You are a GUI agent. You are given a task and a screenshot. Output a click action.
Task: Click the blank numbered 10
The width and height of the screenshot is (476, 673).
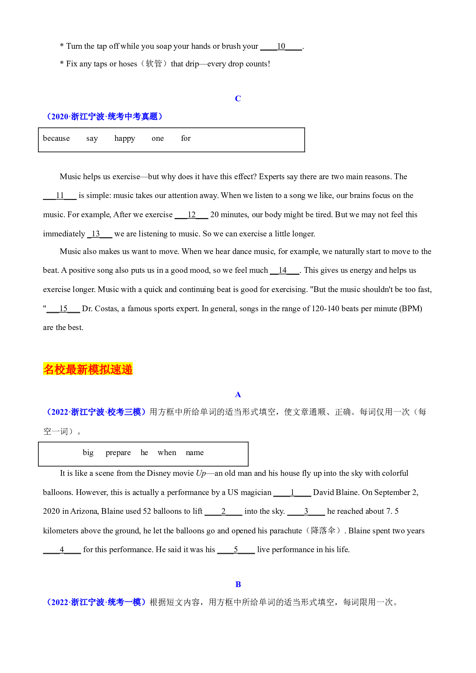(x=281, y=46)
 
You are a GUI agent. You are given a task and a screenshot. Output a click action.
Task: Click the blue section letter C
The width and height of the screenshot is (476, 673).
(x=238, y=99)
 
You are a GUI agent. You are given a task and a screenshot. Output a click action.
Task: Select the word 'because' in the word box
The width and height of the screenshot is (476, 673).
(x=56, y=138)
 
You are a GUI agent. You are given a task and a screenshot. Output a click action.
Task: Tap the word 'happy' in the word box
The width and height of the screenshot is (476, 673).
(x=125, y=139)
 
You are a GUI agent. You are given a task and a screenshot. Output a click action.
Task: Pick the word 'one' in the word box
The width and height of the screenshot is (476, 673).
(x=158, y=139)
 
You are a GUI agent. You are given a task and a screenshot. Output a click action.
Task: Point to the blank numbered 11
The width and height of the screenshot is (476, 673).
(x=60, y=196)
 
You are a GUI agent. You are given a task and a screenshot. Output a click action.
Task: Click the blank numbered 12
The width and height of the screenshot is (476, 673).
(x=192, y=215)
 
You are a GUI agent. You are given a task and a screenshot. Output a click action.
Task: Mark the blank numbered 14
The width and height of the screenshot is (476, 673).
(x=284, y=271)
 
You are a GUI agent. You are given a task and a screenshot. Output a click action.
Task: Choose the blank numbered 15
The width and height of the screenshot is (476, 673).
(x=63, y=309)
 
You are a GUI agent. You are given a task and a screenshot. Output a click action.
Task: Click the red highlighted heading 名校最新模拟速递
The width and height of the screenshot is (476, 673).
(x=88, y=369)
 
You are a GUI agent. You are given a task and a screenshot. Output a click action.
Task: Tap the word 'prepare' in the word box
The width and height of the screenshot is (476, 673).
(x=118, y=453)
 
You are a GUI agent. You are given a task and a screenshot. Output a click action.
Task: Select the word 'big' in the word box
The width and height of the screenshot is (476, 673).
(x=88, y=453)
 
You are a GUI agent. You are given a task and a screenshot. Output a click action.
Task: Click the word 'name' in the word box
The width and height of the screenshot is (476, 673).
(x=195, y=453)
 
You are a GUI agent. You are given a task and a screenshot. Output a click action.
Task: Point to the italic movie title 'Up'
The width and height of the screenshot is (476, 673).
(x=201, y=473)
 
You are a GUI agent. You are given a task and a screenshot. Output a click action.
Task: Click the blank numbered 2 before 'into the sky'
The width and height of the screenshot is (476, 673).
(x=223, y=511)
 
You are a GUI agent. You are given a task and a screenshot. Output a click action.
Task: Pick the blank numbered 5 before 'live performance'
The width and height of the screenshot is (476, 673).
(x=236, y=550)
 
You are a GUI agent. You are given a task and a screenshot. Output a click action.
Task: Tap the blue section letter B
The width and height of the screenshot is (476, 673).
(x=238, y=584)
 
